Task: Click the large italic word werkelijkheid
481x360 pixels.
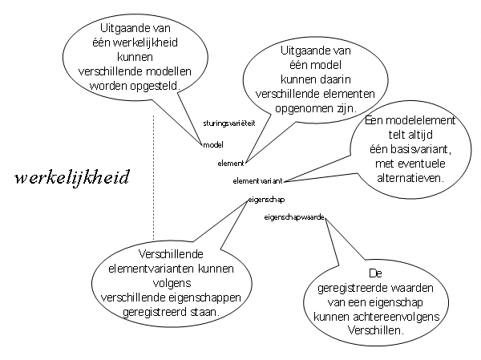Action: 72,178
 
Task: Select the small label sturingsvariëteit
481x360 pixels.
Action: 229,123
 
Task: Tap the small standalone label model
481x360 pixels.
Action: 213,145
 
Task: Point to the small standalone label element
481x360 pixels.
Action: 231,164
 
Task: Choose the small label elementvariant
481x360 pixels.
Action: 257,181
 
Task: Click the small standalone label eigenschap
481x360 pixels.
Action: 266,200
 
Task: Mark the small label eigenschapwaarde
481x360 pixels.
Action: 294,217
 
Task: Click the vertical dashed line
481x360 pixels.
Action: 153,178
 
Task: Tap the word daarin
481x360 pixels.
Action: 333,79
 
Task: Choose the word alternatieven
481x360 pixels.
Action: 410,178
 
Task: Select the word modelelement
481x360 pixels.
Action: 420,120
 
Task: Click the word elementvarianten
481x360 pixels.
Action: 152,269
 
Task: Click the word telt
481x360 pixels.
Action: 398,135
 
